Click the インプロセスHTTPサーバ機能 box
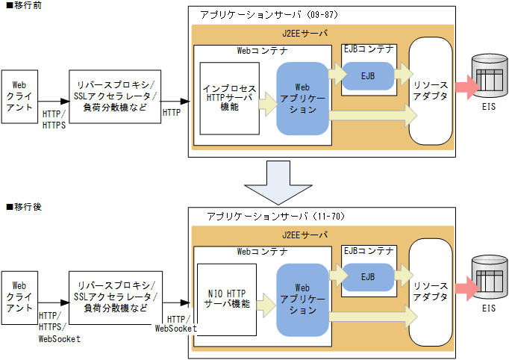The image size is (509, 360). click(229, 98)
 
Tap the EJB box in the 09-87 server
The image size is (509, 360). click(367, 77)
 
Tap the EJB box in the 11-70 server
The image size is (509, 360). click(368, 276)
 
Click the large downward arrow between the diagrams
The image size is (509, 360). click(275, 181)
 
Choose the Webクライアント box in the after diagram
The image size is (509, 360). click(20, 297)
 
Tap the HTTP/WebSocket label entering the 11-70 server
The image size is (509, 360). click(176, 323)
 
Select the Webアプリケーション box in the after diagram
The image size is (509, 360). click(302, 298)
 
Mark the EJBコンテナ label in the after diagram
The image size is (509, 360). click(368, 250)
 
